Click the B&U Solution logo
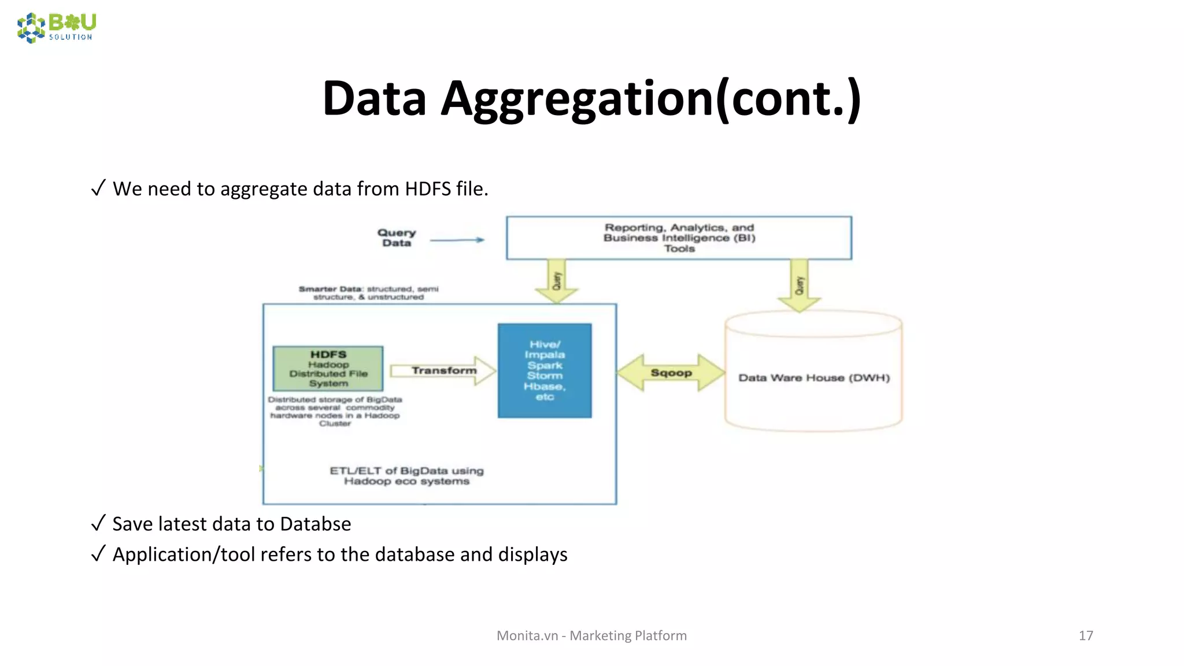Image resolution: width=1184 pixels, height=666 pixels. [x=57, y=27]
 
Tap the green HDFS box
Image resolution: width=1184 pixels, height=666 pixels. [x=328, y=368]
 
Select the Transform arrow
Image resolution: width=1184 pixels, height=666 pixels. [x=443, y=371]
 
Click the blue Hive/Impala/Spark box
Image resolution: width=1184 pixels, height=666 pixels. [x=545, y=371]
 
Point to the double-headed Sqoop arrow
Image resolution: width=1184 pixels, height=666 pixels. [x=671, y=373]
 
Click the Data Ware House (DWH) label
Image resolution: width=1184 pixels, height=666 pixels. [x=813, y=378]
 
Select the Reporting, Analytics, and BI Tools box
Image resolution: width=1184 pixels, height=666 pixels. [x=679, y=238]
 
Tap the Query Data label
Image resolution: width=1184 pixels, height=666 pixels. [x=397, y=238]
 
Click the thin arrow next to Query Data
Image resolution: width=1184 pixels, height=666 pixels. [x=457, y=240]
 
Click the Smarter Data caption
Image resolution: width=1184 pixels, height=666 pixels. [x=368, y=293]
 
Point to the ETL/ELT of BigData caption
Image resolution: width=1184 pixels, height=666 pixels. [x=406, y=476]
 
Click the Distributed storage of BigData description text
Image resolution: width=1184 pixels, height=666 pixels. [x=335, y=411]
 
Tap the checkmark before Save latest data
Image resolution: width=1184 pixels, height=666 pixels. [x=98, y=523]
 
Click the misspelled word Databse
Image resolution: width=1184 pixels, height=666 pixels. [x=315, y=524]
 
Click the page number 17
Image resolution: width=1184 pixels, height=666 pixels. [x=1086, y=635]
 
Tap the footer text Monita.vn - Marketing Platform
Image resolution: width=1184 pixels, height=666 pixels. [x=591, y=635]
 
